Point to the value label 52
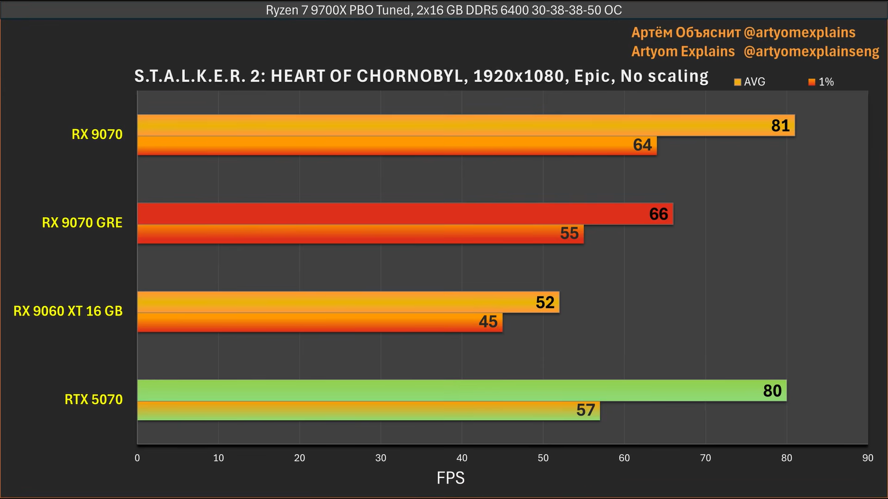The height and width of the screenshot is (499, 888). (x=545, y=302)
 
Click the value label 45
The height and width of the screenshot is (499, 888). (x=488, y=322)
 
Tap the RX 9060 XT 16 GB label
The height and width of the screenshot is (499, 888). (x=68, y=311)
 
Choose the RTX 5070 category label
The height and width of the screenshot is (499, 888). (x=93, y=399)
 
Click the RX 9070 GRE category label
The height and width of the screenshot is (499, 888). (x=82, y=222)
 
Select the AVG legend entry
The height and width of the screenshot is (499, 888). (x=750, y=82)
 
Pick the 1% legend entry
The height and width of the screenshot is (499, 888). (x=821, y=82)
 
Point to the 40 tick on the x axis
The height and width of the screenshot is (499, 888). (x=462, y=458)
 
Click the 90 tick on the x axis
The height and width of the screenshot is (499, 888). (x=867, y=458)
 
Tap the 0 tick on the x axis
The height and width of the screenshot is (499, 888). (x=137, y=458)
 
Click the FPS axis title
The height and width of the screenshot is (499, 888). (x=450, y=478)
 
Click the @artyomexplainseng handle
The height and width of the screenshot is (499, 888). (x=811, y=52)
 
